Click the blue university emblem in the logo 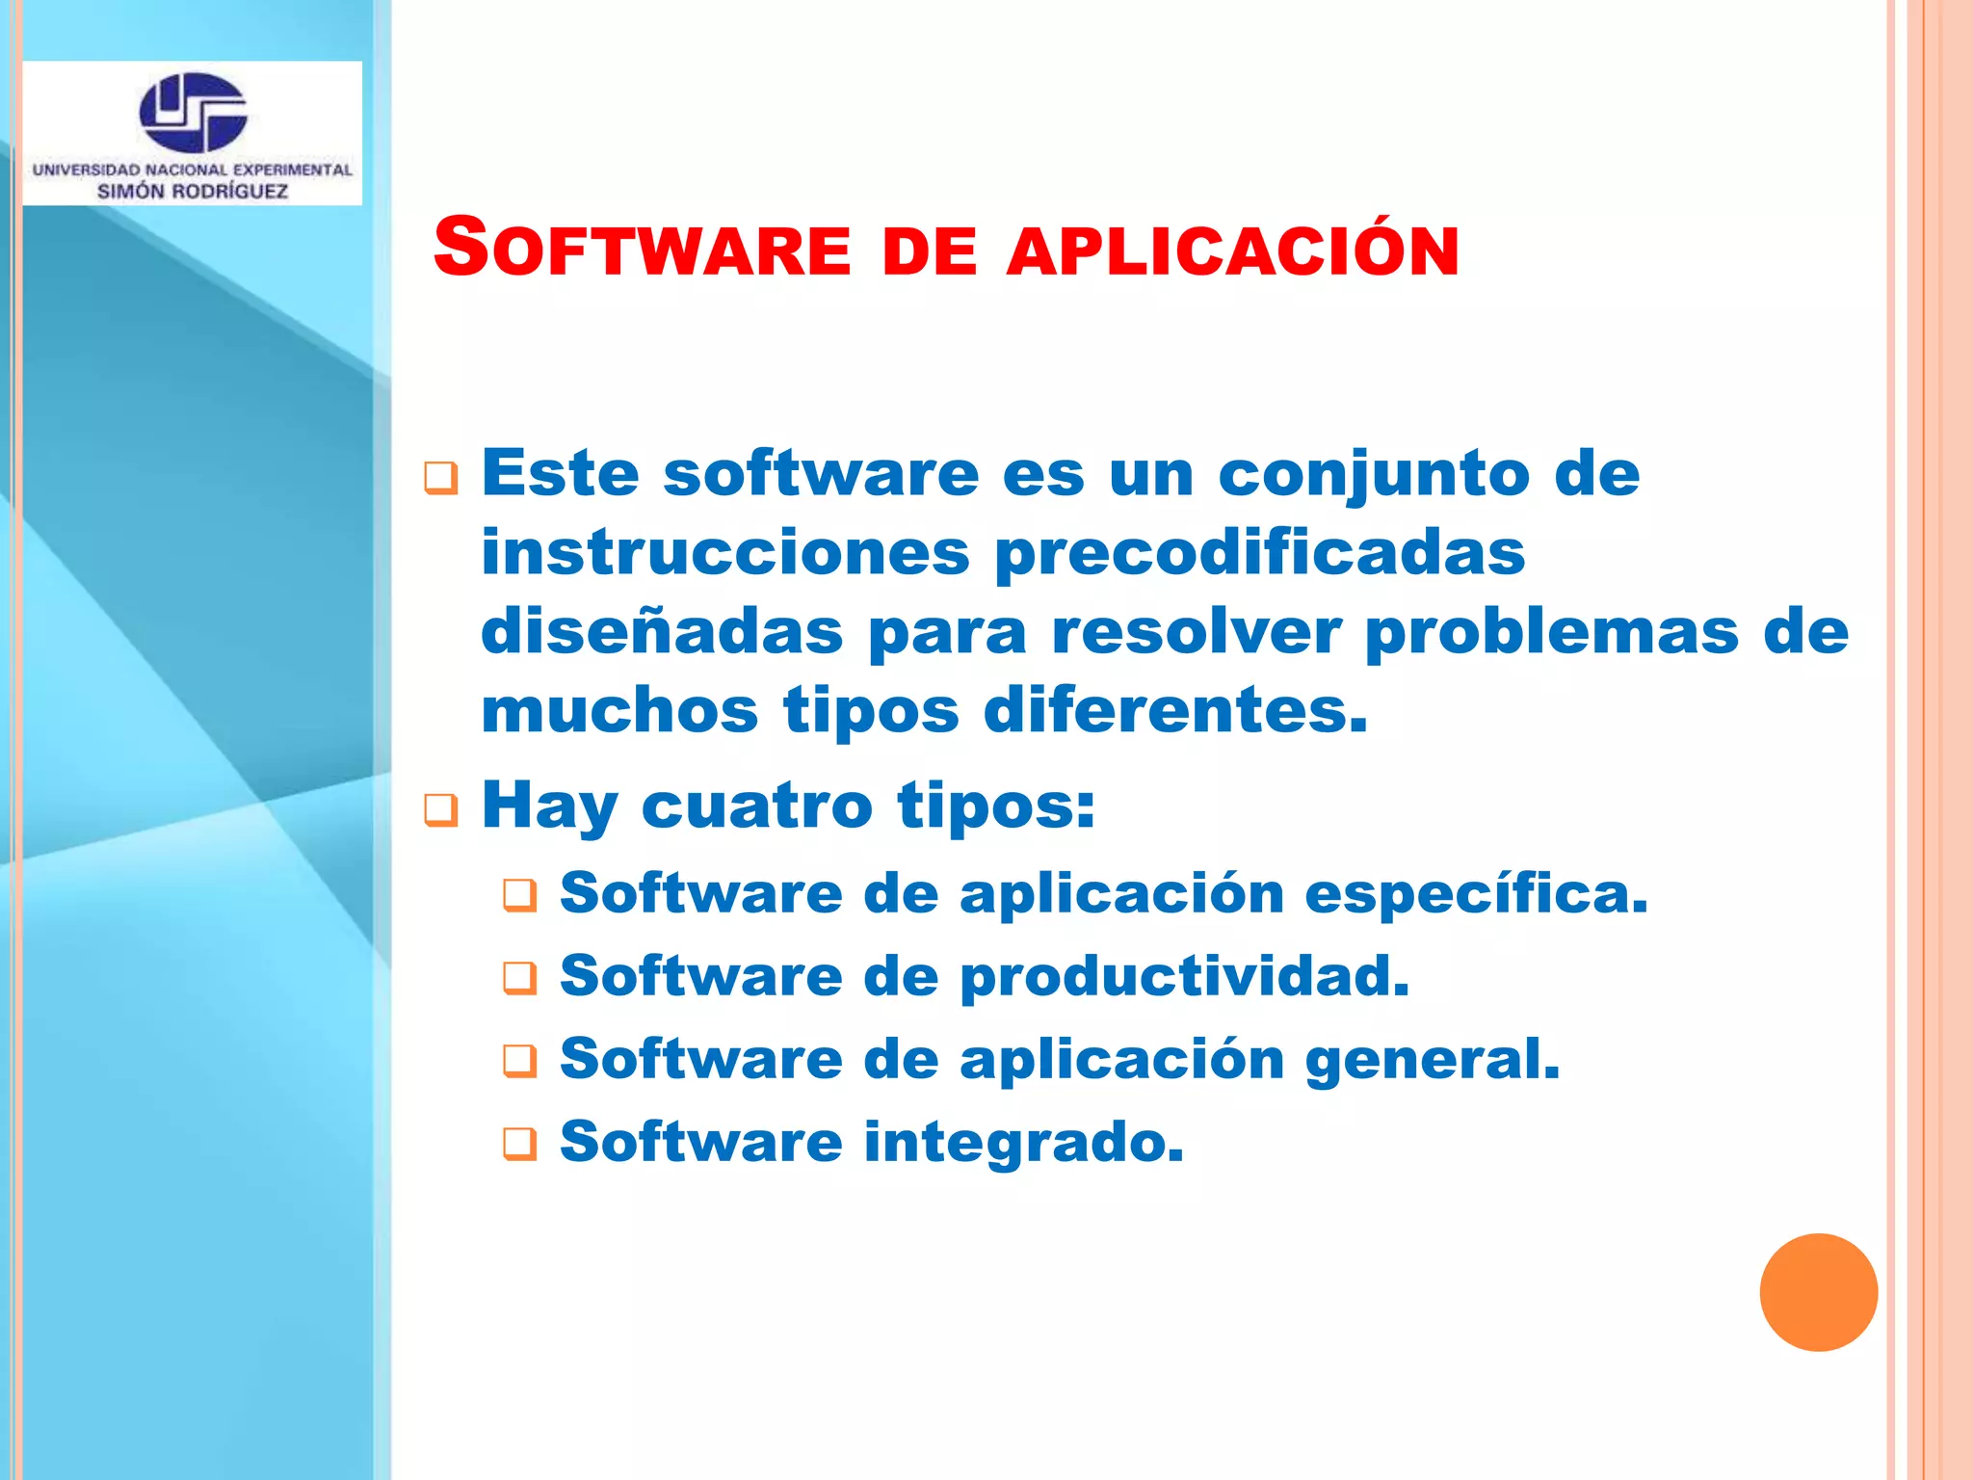click(194, 112)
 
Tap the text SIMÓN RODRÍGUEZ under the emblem click(193, 191)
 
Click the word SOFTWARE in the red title click(642, 249)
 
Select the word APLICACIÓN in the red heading click(1232, 251)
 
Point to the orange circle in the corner click(1818, 1292)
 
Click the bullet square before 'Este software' click(440, 478)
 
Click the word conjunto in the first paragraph click(1373, 474)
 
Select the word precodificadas click(1259, 553)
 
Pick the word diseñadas click(662, 632)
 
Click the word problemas click(1552, 632)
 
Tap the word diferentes click(1174, 711)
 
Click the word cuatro click(756, 806)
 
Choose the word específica click(1475, 893)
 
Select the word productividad click(1184, 976)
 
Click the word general click(1432, 1060)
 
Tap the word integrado click(1023, 1143)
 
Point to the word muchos click(619, 711)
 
